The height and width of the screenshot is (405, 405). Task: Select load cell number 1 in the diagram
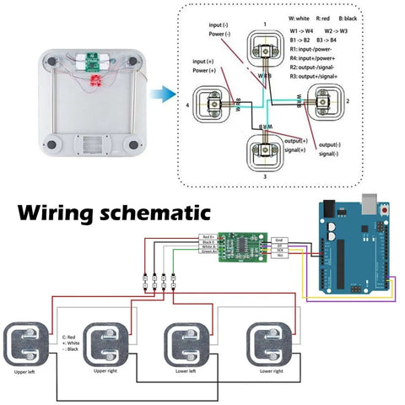265,50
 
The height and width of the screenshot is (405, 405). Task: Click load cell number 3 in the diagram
266,153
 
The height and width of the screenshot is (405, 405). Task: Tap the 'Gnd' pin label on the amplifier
278,239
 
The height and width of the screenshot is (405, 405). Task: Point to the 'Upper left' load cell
30,347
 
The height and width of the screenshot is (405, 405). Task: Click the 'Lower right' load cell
271,346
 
